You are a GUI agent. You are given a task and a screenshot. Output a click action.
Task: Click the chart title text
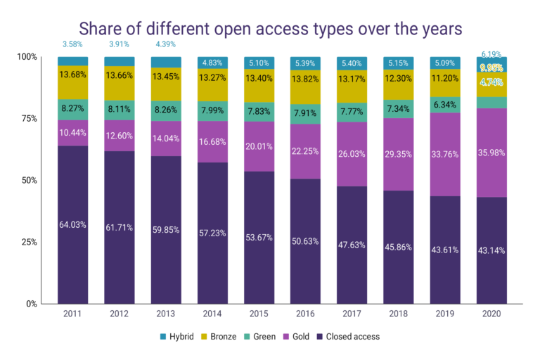[269, 29]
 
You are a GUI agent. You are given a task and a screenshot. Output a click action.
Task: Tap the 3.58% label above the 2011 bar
[72, 44]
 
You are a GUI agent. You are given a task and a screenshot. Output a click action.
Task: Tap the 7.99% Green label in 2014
[212, 110]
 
